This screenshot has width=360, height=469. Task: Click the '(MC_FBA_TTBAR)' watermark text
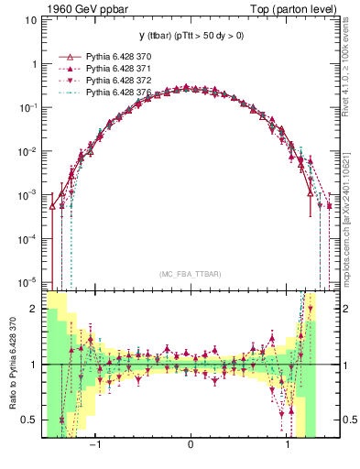coord(190,274)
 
